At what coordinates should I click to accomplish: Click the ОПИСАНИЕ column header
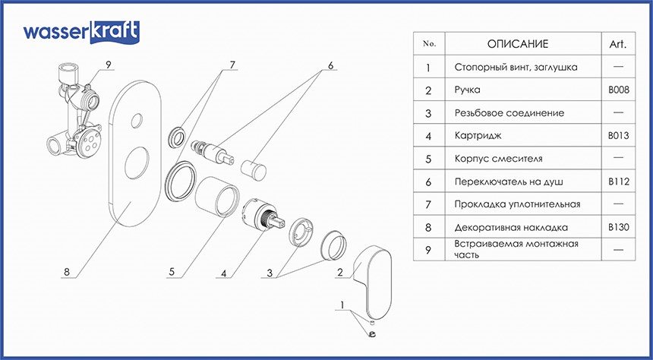click(x=517, y=44)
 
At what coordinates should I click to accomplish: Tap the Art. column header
click(x=617, y=44)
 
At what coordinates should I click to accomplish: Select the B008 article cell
click(x=617, y=90)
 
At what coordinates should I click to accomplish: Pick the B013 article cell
click(x=617, y=136)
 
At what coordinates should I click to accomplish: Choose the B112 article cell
click(x=617, y=182)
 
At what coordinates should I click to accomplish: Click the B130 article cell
click(x=617, y=227)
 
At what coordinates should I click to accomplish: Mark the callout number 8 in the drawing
click(x=68, y=271)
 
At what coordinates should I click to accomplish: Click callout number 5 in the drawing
click(x=172, y=271)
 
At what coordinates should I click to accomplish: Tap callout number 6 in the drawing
click(x=330, y=66)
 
